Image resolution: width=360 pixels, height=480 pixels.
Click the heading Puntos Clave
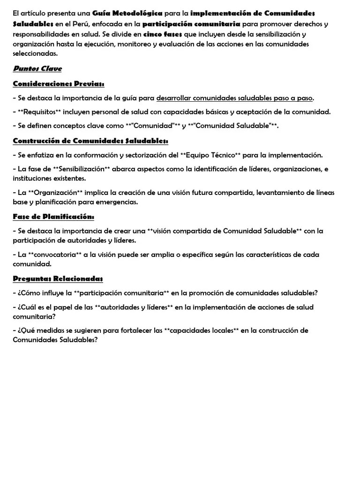point(37,69)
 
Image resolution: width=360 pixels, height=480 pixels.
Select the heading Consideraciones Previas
point(59,84)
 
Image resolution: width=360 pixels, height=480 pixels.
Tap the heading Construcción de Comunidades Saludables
point(90,141)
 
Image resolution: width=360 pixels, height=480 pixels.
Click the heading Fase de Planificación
point(53,217)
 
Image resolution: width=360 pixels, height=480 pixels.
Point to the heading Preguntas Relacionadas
point(58,279)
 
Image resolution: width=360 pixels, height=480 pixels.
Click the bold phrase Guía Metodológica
point(127,13)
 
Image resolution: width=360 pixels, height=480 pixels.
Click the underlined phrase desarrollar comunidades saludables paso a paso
point(234,98)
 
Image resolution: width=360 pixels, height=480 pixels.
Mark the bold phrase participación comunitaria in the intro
point(191,23)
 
